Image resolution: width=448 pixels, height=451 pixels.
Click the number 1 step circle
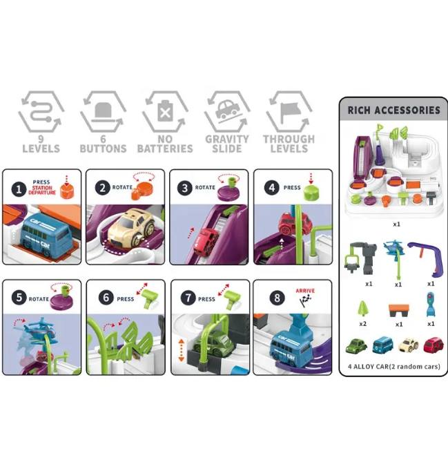(19, 189)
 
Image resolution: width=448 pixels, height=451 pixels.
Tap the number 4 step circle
(272, 188)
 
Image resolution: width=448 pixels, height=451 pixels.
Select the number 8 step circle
(277, 298)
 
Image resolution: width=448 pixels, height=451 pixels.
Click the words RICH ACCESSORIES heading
(393, 111)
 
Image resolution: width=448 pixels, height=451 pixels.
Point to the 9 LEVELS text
(41, 144)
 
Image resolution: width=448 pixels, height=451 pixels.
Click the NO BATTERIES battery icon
(166, 111)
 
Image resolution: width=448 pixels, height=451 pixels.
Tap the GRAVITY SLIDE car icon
(227, 109)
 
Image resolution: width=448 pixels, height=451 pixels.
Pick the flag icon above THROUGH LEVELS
(289, 111)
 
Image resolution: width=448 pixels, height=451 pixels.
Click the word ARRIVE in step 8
(305, 291)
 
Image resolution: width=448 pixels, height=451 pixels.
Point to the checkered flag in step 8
(305, 300)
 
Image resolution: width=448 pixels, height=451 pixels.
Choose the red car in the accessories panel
(433, 345)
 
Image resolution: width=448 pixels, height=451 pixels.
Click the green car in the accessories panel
(356, 346)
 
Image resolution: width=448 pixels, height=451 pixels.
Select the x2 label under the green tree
(363, 324)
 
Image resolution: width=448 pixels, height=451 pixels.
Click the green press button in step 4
(311, 193)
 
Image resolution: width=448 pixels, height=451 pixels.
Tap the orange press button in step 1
(67, 191)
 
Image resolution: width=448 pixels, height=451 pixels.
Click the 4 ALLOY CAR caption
(393, 367)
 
